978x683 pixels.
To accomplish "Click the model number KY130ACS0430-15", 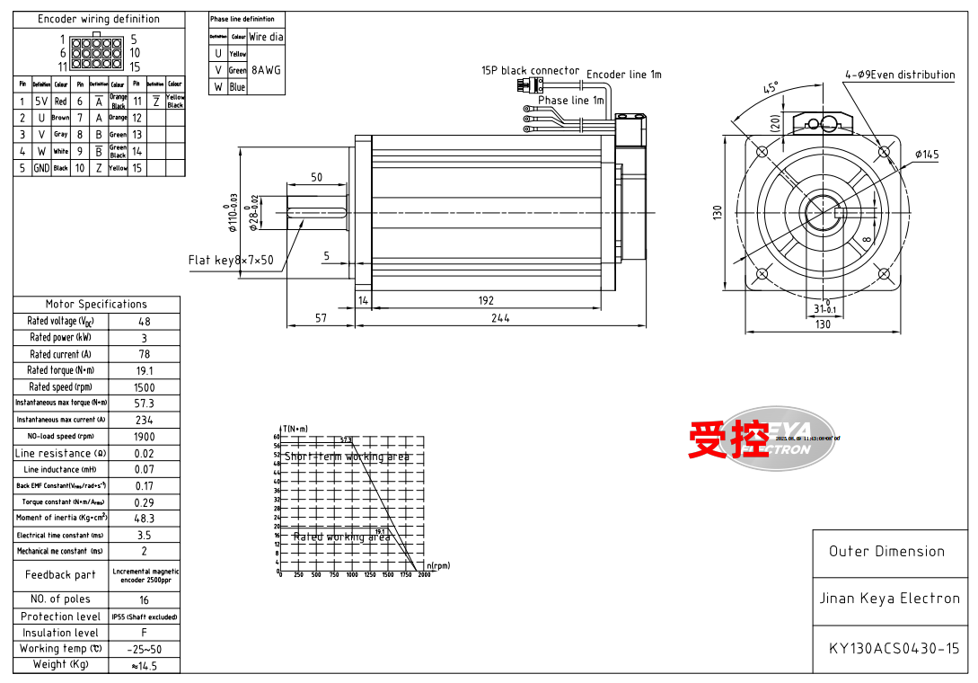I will tap(894, 648).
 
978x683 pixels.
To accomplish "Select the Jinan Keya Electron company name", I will tap(889, 599).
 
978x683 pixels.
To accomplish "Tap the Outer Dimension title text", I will tap(886, 552).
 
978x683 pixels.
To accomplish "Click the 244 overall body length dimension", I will tap(500, 318).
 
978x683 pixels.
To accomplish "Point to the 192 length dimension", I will tap(486, 301).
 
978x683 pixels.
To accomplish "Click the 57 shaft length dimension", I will tap(321, 318).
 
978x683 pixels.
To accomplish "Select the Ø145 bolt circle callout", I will tap(927, 155).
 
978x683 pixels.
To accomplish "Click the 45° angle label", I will tap(771, 88).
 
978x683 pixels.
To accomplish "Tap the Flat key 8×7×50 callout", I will tap(231, 261).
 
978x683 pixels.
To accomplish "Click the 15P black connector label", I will tap(530, 70).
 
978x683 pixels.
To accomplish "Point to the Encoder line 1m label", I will tap(623, 75).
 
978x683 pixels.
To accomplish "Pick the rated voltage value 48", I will tap(144, 322).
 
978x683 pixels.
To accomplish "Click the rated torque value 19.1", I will tap(144, 370).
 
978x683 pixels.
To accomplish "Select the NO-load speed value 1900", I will tap(144, 437).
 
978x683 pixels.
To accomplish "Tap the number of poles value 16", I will tap(144, 599).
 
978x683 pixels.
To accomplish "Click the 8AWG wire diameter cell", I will tap(267, 69).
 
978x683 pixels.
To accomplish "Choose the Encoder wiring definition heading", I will tap(99, 19).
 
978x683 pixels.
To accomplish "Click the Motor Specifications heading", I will tap(96, 305).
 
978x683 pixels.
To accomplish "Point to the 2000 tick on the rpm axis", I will tap(424, 575).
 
